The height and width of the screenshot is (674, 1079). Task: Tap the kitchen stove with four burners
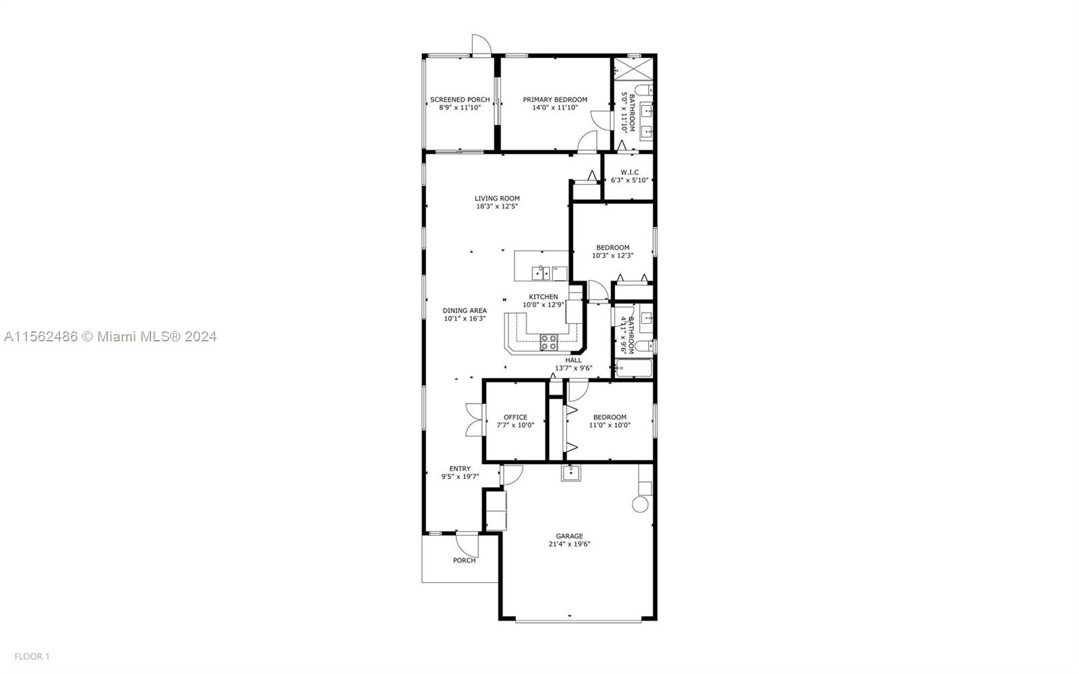click(x=549, y=343)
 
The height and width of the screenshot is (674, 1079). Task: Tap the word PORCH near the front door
click(x=464, y=560)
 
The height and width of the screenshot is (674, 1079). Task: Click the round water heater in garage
click(x=640, y=505)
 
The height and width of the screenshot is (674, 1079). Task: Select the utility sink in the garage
click(x=571, y=473)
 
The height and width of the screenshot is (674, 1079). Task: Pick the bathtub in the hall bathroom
click(x=634, y=368)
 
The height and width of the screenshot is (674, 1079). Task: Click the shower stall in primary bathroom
click(x=633, y=68)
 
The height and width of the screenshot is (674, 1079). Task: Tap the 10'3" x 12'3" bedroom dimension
click(x=613, y=256)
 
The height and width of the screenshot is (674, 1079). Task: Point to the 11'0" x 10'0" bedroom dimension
click(x=610, y=426)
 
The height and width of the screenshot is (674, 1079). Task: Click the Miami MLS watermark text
click(x=111, y=336)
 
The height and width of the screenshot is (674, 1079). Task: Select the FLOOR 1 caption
click(x=32, y=656)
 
